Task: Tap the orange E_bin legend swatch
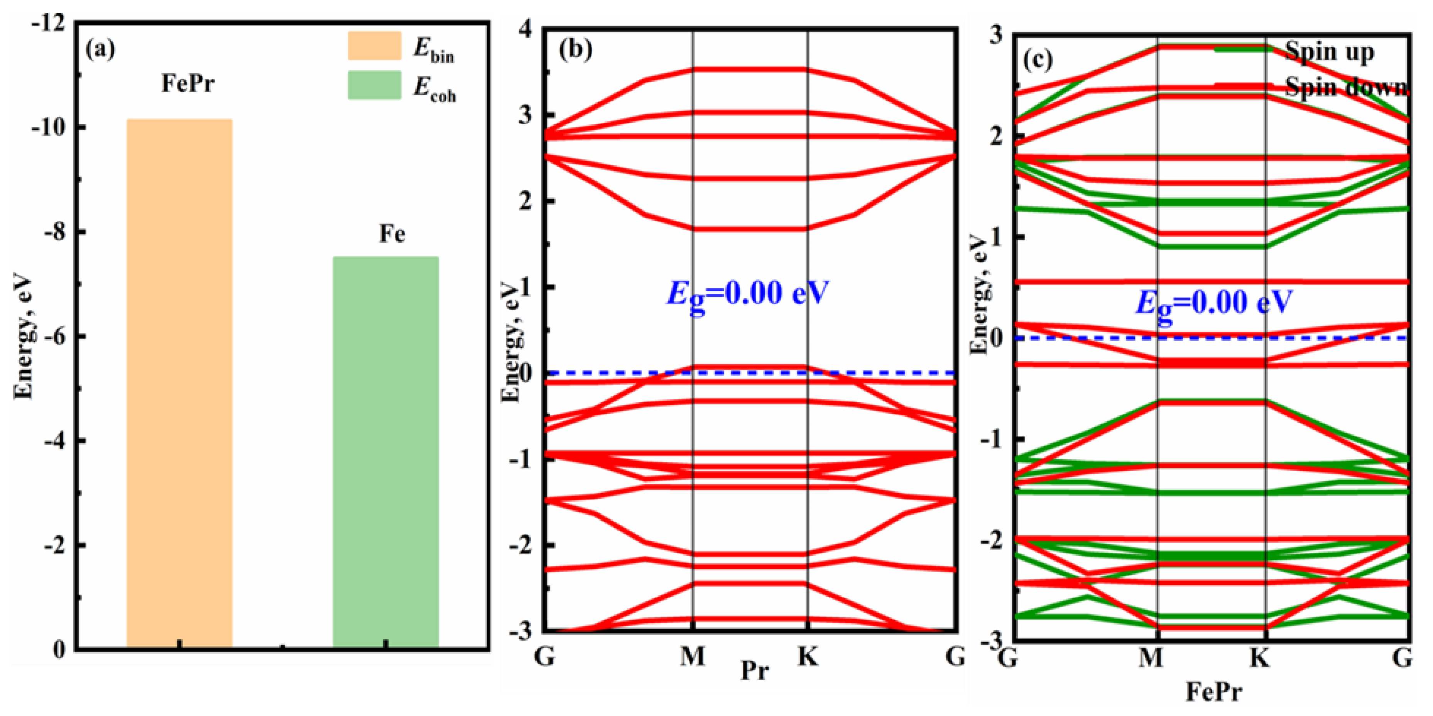click(x=374, y=46)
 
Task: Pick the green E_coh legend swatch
click(x=374, y=85)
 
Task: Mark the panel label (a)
click(x=101, y=50)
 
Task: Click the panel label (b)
click(x=576, y=50)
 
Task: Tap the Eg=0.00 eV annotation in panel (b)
click(x=748, y=294)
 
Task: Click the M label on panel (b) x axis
click(x=693, y=657)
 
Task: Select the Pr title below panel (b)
click(x=755, y=670)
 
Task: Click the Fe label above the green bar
click(x=392, y=234)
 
